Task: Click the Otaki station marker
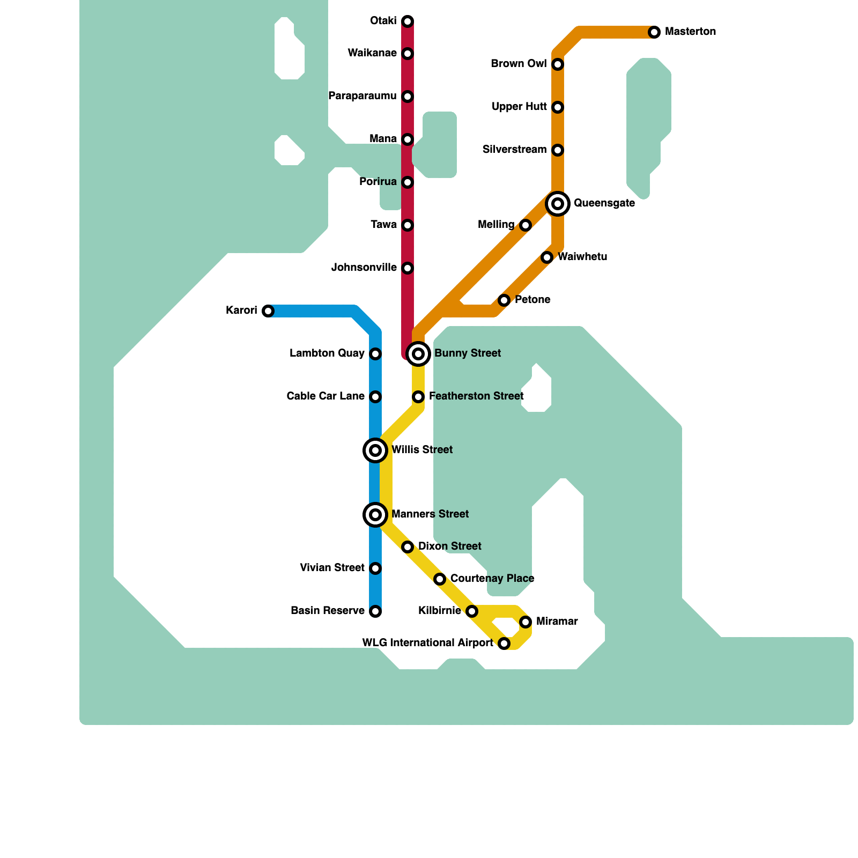(408, 21)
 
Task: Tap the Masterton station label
(690, 32)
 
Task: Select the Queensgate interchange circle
(558, 204)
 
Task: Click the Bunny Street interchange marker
(418, 354)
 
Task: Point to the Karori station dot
(268, 311)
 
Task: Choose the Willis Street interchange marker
(375, 450)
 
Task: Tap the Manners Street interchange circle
(375, 515)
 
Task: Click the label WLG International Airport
(427, 643)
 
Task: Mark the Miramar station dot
(526, 622)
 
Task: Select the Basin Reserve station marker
(375, 611)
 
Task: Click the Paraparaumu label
(362, 96)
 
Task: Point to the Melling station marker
(526, 225)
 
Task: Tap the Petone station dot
(504, 300)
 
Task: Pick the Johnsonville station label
(364, 268)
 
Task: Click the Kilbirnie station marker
(472, 611)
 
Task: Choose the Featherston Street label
(476, 396)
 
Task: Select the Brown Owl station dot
(558, 64)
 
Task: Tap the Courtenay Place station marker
(440, 579)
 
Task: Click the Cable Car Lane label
(326, 396)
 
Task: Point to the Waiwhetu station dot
(547, 257)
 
